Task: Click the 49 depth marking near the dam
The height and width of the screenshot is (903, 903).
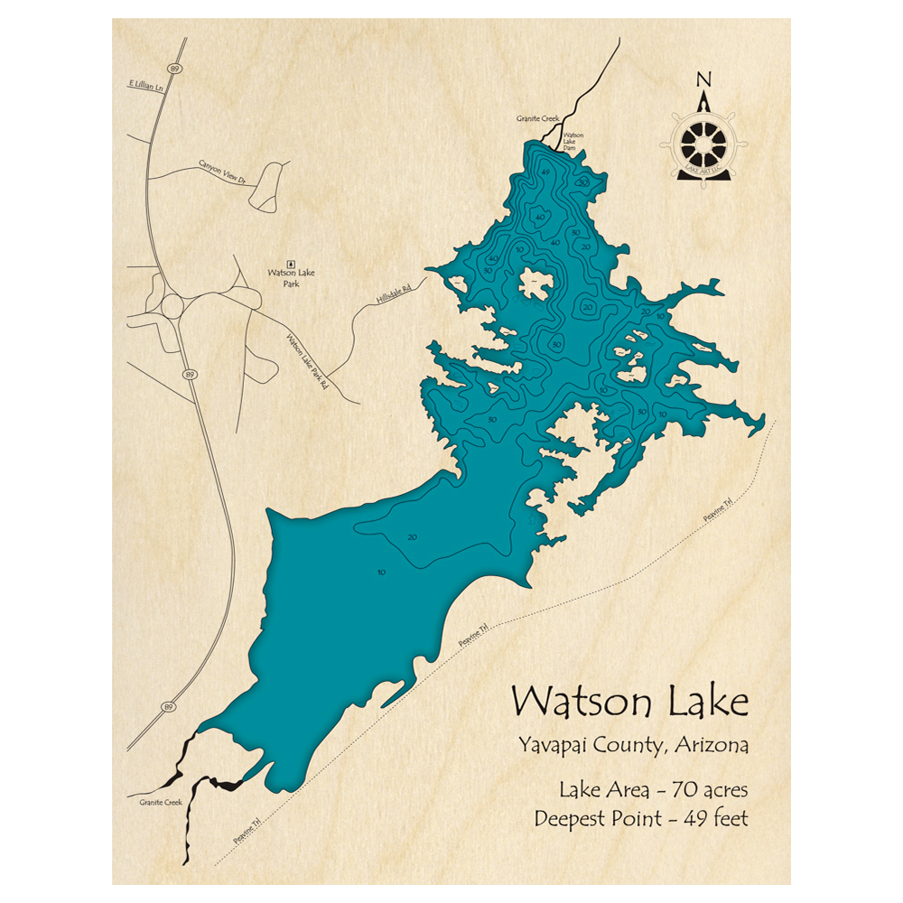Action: point(545,172)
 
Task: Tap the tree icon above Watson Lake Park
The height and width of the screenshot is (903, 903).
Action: point(290,259)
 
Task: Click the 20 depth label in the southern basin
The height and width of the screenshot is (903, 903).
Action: point(412,537)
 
